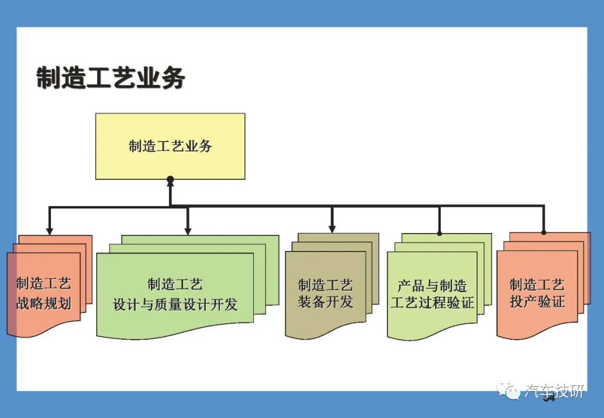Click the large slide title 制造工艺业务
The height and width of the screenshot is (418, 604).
(111, 78)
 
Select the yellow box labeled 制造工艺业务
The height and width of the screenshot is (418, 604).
(170, 146)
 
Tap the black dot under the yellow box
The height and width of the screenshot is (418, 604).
(170, 179)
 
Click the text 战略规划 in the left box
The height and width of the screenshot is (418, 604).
(44, 303)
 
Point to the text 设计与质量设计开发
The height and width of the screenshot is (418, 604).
(175, 305)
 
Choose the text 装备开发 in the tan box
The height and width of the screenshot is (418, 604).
(325, 302)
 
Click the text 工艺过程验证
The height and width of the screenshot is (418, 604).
(432, 302)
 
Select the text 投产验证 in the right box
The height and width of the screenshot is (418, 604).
(537, 301)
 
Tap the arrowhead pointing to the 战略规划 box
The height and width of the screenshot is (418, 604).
(49, 230)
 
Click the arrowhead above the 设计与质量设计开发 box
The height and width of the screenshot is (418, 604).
(187, 230)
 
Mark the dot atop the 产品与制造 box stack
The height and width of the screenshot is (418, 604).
(440, 233)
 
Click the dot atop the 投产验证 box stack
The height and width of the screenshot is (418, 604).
(544, 232)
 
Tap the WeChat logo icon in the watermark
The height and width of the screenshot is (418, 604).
(508, 390)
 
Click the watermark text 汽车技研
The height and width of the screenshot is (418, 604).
(554, 391)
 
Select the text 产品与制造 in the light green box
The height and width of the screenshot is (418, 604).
(432, 286)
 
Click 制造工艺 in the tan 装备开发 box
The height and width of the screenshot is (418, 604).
(325, 285)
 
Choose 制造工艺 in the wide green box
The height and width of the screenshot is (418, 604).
(175, 284)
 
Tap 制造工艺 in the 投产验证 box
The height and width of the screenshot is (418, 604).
(537, 285)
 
